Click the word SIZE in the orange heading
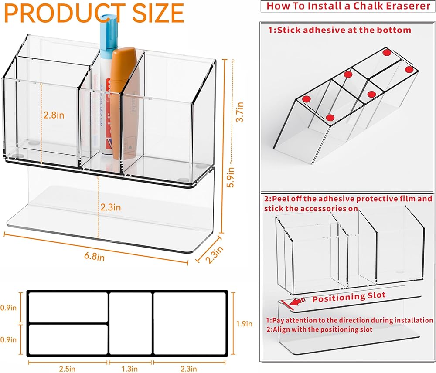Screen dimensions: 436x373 pyautogui.click(x=158, y=14)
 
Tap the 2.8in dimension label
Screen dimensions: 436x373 pyautogui.click(x=54, y=115)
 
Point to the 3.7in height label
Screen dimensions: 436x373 pyautogui.click(x=240, y=112)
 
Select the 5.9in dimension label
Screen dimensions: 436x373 pyautogui.click(x=231, y=177)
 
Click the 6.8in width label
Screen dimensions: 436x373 pyautogui.click(x=95, y=256)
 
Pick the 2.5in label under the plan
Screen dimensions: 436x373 pyautogui.click(x=67, y=369)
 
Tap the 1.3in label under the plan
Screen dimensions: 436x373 pyautogui.click(x=129, y=369)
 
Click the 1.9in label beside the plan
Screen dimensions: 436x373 pyautogui.click(x=244, y=324)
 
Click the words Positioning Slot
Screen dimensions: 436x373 pyautogui.click(x=349, y=297)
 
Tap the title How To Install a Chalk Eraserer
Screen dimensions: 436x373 pyautogui.click(x=348, y=6)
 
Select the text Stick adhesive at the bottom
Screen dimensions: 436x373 pyautogui.click(x=344, y=30)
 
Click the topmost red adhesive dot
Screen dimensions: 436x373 pyautogui.click(x=386, y=52)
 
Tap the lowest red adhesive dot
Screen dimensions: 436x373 pyautogui.click(x=330, y=118)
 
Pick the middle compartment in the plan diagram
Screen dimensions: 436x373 pyautogui.click(x=131, y=323)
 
